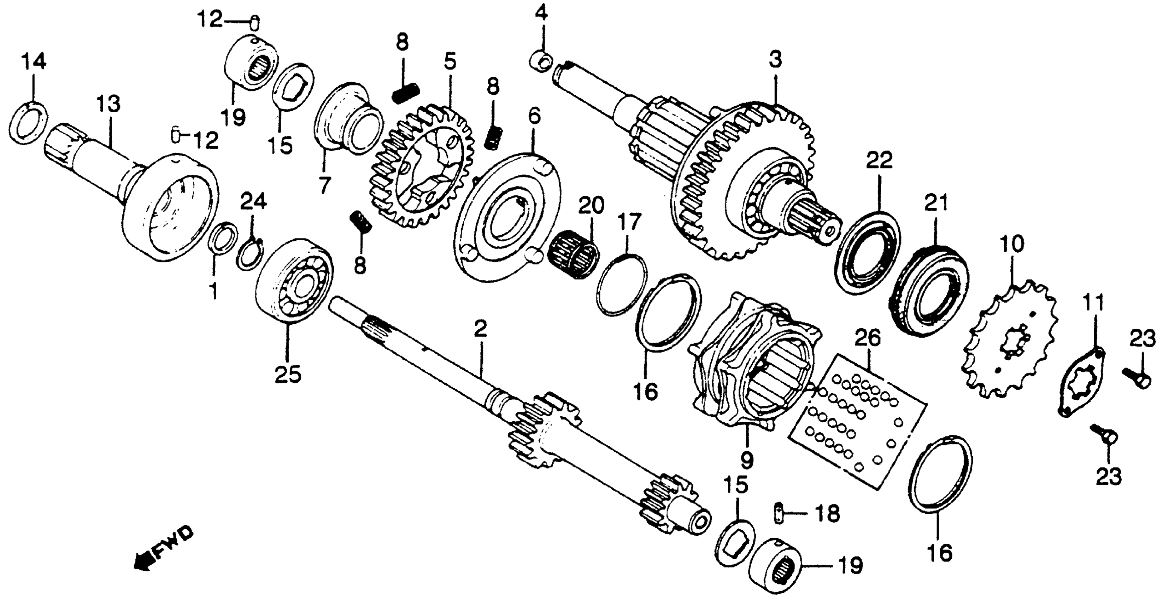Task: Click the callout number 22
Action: [x=879, y=161]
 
